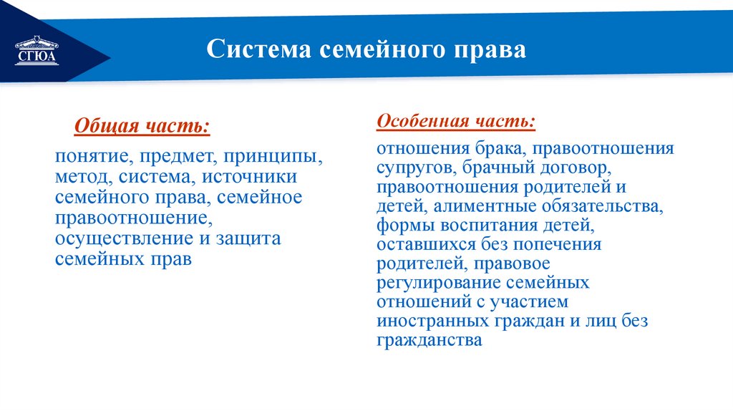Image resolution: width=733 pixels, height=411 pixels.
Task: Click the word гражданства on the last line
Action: coord(429,341)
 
